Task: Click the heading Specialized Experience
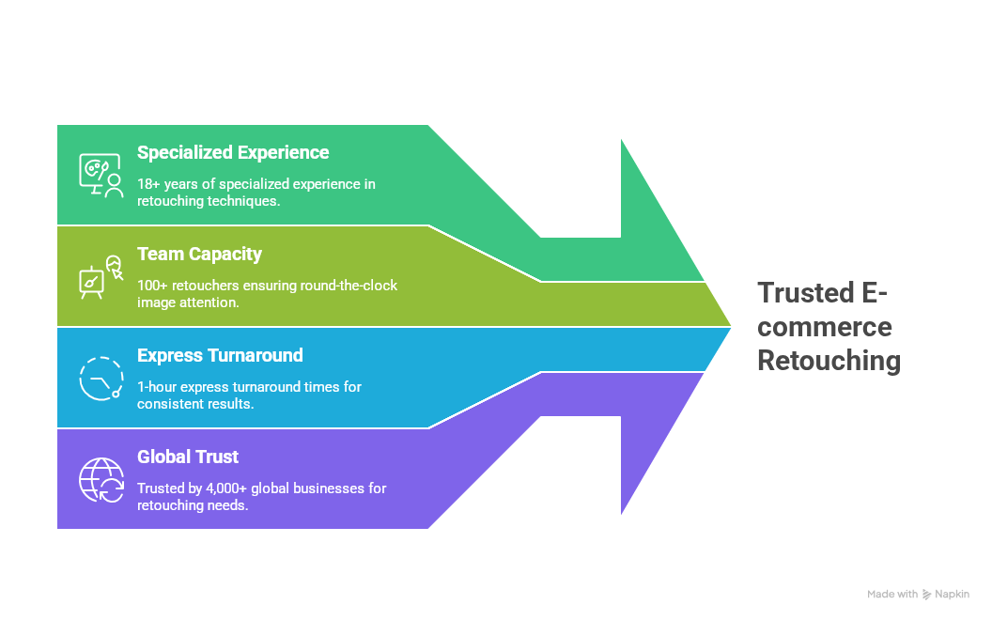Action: (x=233, y=153)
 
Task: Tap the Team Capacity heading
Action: (x=199, y=255)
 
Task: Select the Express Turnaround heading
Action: (x=220, y=356)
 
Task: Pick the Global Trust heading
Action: (x=188, y=457)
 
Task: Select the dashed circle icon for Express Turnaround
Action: (x=101, y=378)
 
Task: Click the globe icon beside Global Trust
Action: (x=101, y=479)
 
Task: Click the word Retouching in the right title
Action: (x=829, y=361)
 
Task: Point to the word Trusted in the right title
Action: (x=804, y=293)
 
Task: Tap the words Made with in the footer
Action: (x=892, y=595)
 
